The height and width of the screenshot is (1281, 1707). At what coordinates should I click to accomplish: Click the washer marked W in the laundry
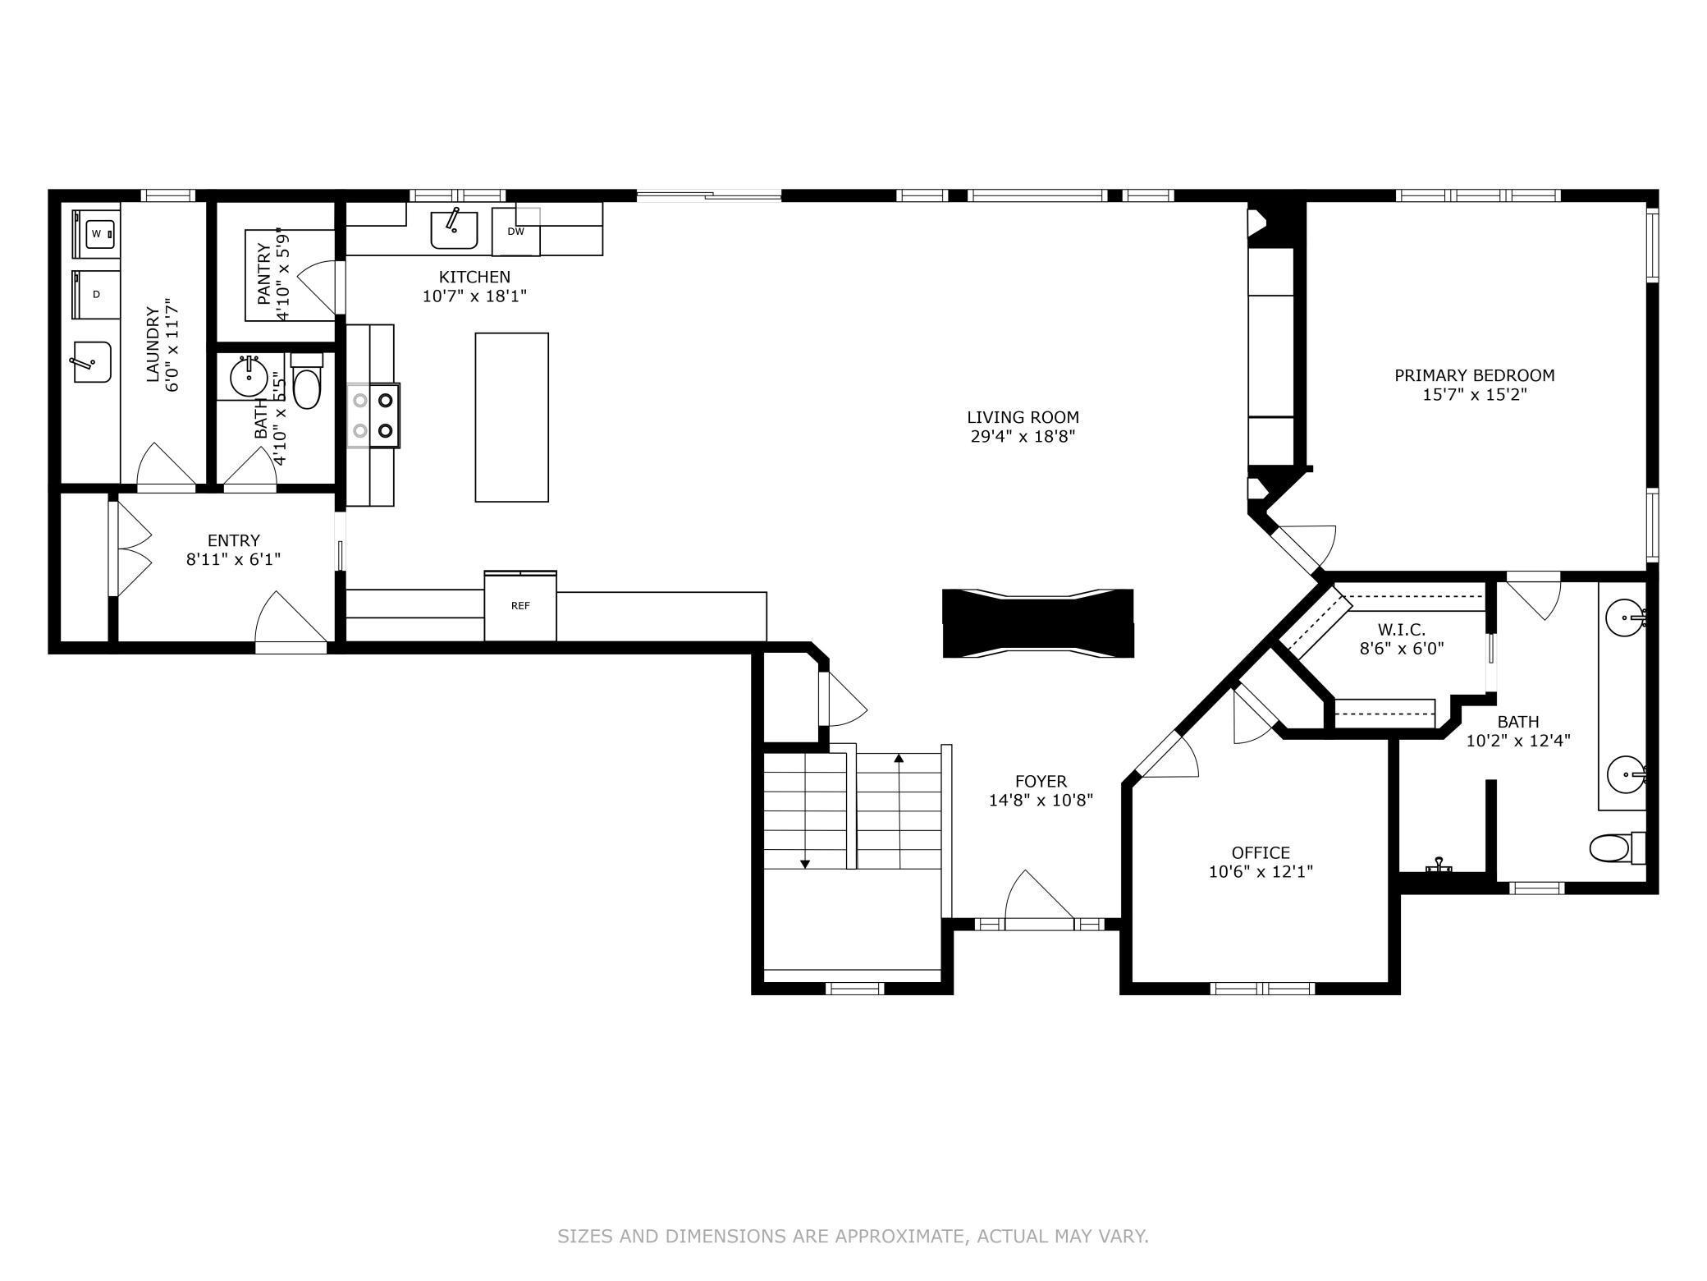tap(97, 234)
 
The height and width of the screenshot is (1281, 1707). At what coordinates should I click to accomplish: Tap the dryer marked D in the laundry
tap(97, 294)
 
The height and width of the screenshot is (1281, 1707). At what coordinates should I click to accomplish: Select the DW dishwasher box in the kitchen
tap(515, 232)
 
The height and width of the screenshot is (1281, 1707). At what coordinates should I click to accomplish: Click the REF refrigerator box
tap(520, 607)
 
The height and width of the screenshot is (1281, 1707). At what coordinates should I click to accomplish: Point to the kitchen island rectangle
tap(511, 417)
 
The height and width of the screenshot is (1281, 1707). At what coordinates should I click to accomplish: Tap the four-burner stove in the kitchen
tap(373, 416)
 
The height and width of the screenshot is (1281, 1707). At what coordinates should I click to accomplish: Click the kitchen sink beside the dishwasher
tap(454, 229)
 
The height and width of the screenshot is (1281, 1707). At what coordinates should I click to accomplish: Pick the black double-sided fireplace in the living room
tap(1037, 623)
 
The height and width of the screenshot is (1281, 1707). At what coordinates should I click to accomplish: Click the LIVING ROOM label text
tap(1023, 417)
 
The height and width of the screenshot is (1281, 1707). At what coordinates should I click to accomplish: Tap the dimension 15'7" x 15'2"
tap(1474, 395)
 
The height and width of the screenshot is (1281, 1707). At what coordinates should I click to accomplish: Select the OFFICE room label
tap(1261, 852)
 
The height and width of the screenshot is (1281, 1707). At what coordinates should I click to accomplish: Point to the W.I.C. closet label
tap(1401, 629)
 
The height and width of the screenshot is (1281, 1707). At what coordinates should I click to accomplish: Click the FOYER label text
tap(1041, 781)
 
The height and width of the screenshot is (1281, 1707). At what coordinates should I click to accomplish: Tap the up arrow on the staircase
tap(899, 760)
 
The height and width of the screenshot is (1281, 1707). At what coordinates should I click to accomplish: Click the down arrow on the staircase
tap(805, 862)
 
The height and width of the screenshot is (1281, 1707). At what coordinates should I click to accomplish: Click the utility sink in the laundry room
tap(92, 362)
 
